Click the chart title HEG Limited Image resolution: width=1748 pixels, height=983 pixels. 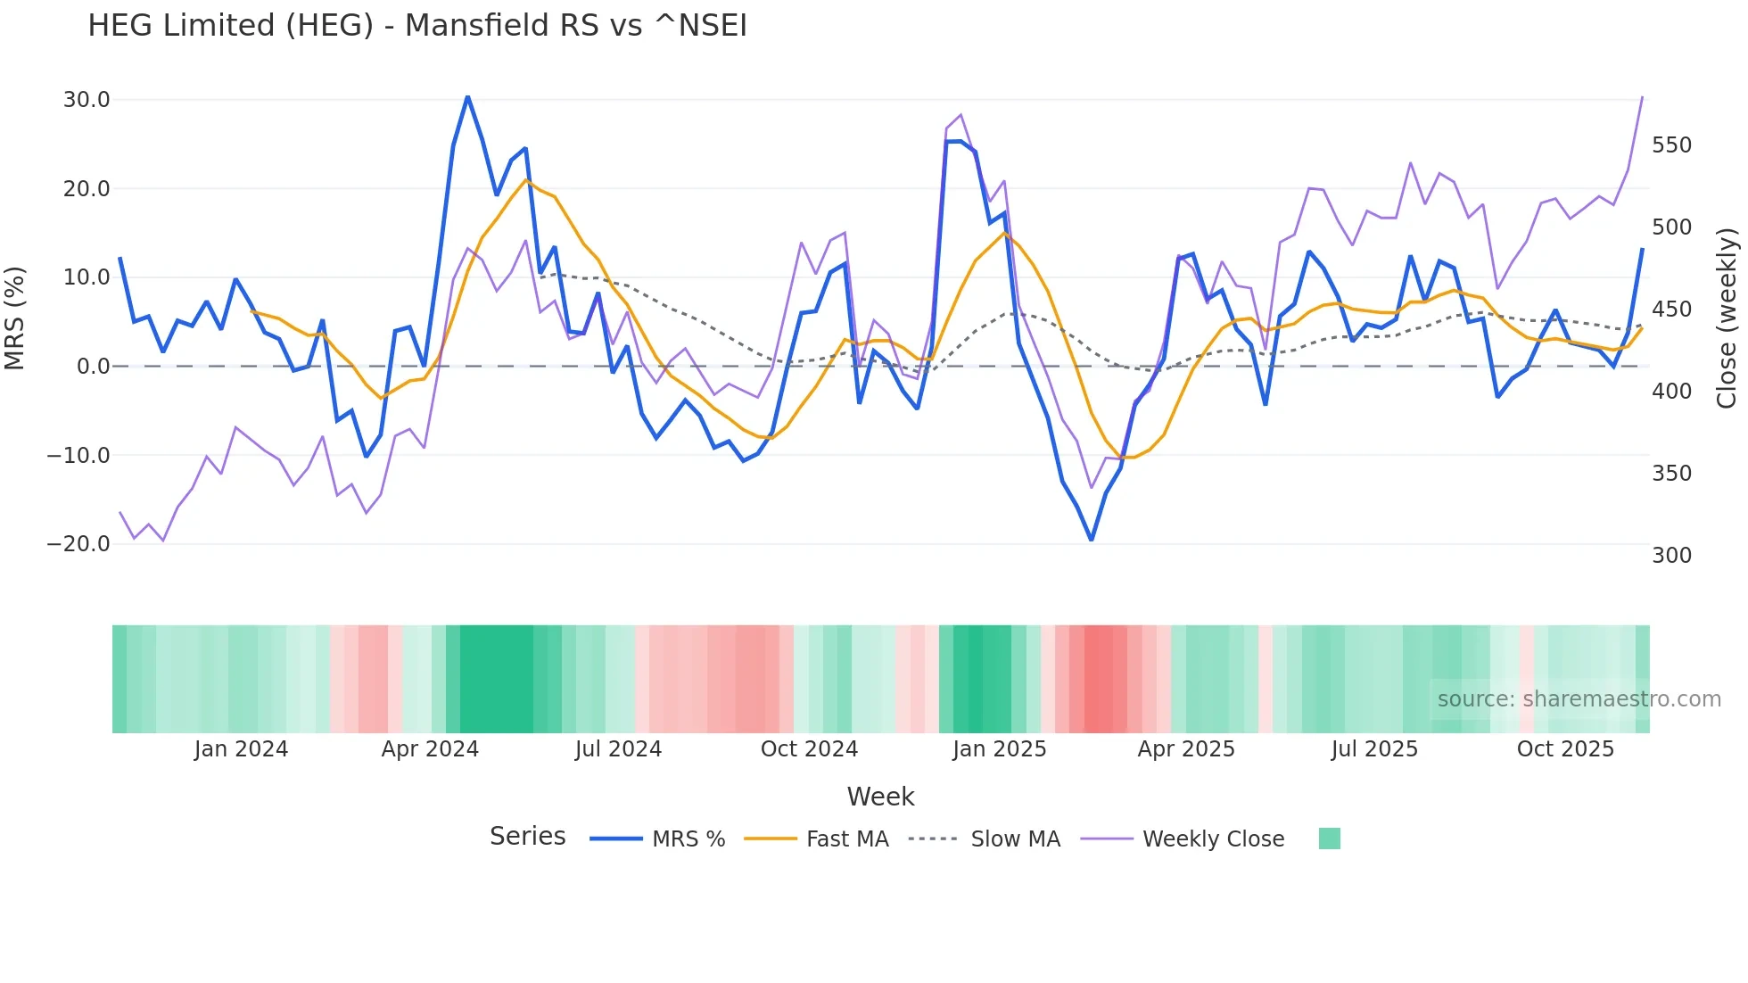click(x=417, y=26)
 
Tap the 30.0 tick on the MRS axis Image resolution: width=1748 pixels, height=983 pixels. click(x=87, y=100)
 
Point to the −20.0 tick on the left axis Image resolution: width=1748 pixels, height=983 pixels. click(x=78, y=544)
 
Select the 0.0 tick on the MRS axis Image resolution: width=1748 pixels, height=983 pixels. click(x=94, y=367)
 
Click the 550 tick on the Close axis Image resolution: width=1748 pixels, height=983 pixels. click(x=1671, y=145)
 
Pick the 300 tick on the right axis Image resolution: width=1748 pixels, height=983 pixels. click(x=1671, y=556)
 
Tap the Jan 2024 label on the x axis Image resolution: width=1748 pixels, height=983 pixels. click(x=241, y=749)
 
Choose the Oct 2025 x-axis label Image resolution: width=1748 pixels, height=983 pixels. click(x=1565, y=749)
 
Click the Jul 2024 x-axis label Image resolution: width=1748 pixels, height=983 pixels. click(x=618, y=749)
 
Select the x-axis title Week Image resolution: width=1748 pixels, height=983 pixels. click(x=880, y=797)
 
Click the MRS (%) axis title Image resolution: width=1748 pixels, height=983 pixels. click(x=15, y=318)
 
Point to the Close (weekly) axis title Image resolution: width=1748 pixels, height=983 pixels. click(x=1727, y=318)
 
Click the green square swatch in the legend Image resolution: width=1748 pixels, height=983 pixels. click(x=1329, y=838)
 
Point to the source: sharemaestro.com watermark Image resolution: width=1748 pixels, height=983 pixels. click(x=1579, y=699)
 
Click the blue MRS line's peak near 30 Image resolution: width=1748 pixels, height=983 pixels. click(x=467, y=96)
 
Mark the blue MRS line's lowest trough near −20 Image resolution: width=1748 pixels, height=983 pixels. click(x=1091, y=540)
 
